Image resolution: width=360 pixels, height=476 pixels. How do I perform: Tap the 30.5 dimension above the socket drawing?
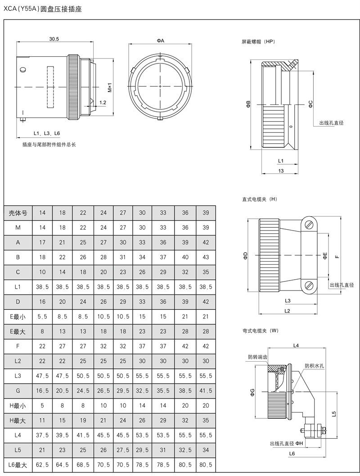(54, 39)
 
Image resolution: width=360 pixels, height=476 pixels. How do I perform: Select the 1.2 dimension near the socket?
(103, 103)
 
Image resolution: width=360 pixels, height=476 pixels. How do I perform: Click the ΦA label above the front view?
(160, 41)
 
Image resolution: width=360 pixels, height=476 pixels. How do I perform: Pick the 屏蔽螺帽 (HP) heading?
(258, 41)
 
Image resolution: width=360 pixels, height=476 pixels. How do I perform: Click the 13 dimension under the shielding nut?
(280, 171)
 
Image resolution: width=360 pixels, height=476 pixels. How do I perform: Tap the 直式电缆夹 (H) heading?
(260, 199)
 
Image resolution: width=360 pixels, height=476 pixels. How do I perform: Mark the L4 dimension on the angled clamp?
(296, 345)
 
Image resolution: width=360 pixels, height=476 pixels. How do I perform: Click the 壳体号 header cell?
(18, 213)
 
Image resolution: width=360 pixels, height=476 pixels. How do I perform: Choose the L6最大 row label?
(18, 464)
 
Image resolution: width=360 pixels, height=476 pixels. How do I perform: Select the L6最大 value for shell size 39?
(206, 464)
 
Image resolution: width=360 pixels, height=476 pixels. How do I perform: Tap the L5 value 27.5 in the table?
(123, 450)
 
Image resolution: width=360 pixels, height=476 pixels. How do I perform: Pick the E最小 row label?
(18, 317)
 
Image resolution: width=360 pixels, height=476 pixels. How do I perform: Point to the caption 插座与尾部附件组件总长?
(49, 145)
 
